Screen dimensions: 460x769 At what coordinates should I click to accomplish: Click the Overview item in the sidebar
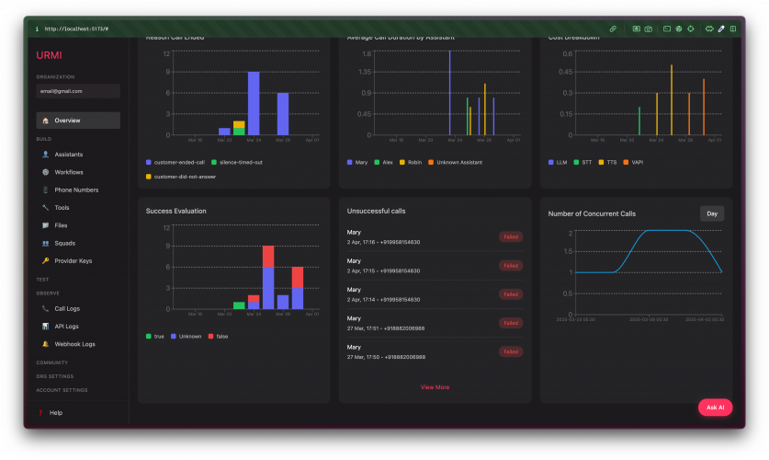tap(67, 121)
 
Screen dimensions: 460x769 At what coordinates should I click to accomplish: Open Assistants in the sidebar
tap(68, 155)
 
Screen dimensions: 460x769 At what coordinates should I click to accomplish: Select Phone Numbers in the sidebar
tap(76, 190)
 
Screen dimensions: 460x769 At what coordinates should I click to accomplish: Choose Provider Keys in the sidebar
tap(74, 260)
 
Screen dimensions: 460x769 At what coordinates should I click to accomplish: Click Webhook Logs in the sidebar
tap(74, 344)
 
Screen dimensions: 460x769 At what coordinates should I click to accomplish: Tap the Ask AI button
tap(715, 407)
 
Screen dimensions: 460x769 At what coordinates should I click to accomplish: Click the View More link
tap(435, 387)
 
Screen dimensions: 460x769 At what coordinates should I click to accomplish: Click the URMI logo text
tap(50, 55)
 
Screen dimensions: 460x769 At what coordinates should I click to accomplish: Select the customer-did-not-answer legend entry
tap(185, 176)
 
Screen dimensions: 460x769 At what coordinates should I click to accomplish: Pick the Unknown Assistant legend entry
tap(459, 162)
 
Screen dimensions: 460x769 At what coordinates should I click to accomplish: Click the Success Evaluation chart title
tap(175, 211)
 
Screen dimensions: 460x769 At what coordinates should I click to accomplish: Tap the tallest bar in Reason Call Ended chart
tap(254, 103)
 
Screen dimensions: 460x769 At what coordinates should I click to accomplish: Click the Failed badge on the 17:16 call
tap(511, 236)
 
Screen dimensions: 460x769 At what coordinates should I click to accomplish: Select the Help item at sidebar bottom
tap(55, 413)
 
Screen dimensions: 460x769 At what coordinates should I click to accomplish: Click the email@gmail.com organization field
tap(78, 91)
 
